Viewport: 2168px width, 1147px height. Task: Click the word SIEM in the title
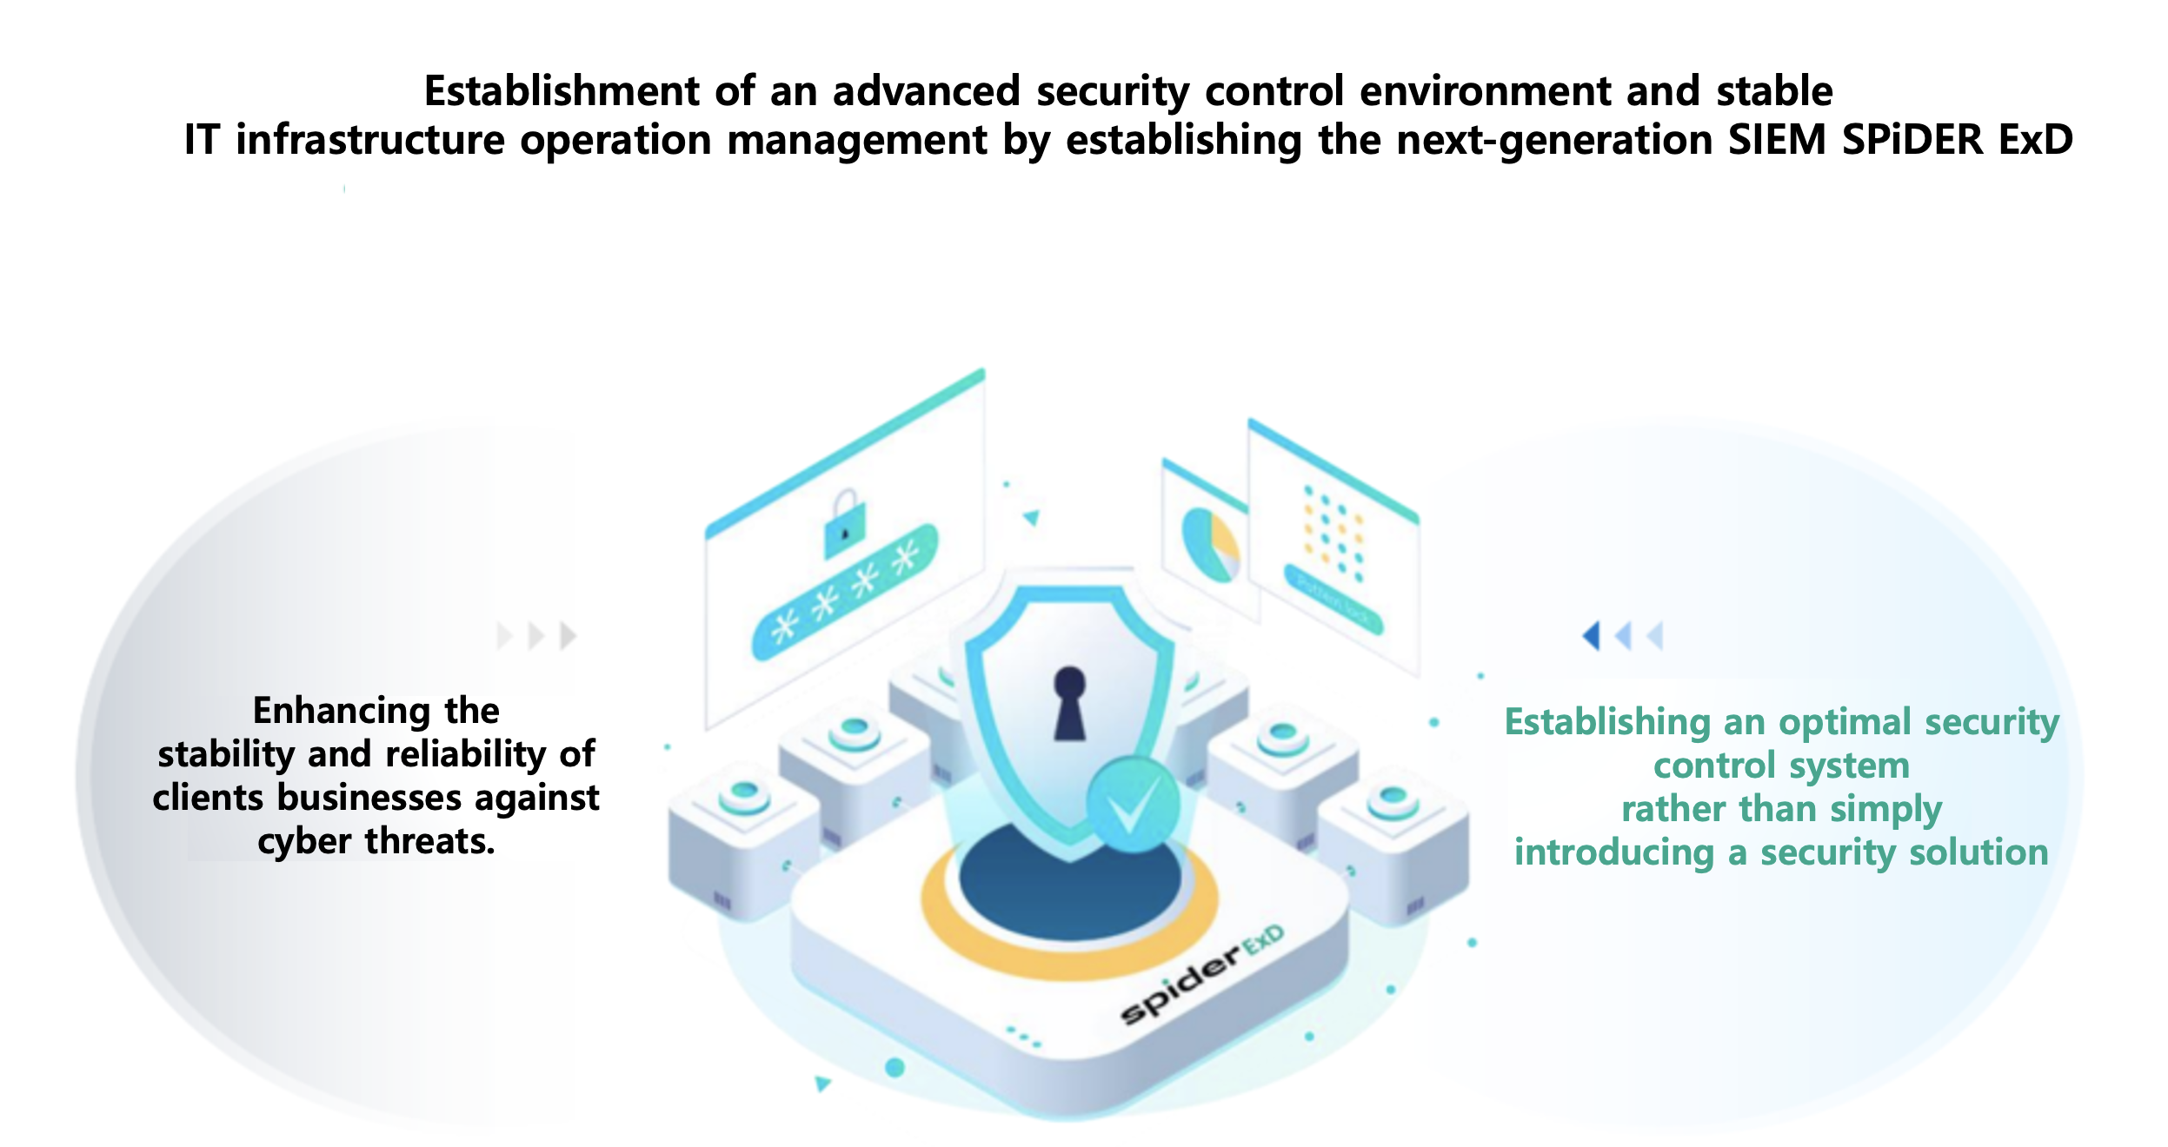pos(1777,140)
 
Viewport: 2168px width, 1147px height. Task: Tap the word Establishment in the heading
pos(562,91)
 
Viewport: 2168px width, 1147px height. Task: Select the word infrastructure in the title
pos(370,140)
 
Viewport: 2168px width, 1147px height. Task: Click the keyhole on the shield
pos(1069,704)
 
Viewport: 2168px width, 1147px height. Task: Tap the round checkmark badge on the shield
pos(1133,803)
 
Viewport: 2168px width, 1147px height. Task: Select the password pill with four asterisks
pos(845,592)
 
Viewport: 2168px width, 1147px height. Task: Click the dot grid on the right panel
pos(1333,533)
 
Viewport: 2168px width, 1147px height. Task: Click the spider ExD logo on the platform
pos(1202,973)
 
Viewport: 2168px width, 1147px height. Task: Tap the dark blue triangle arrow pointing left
pos(1590,635)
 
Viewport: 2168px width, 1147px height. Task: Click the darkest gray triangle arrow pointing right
pos(569,635)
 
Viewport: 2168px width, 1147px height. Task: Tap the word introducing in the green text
pos(1614,852)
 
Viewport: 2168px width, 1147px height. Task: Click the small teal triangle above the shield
pos(1032,518)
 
